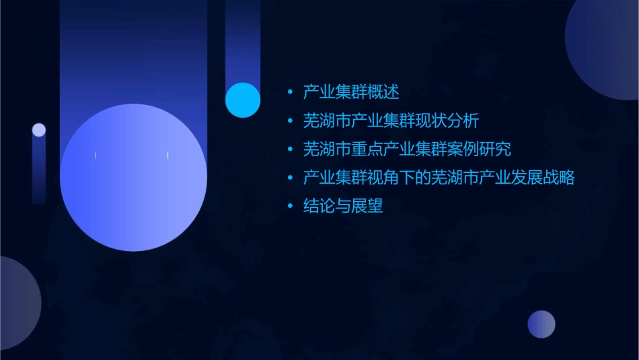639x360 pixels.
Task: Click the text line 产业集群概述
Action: (351, 92)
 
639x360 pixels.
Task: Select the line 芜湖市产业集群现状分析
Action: (391, 121)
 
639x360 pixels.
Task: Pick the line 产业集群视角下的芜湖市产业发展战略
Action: (439, 178)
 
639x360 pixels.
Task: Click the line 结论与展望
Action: (343, 207)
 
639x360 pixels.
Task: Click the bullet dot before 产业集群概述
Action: (290, 92)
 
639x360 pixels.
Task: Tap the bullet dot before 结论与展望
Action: (290, 207)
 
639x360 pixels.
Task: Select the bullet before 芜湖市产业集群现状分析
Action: (290, 121)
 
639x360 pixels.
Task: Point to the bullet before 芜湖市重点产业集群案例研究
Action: (290, 149)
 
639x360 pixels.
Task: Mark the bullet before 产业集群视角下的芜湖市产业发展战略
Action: (290, 178)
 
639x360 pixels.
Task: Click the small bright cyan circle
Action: (243, 100)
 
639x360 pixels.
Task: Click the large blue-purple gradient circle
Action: (133, 178)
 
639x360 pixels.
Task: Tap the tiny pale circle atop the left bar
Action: (39, 130)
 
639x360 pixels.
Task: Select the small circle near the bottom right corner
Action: (541, 324)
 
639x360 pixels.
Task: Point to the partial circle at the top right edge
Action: (605, 47)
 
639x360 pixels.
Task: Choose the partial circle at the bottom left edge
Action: (17, 303)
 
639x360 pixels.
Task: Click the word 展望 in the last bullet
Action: (369, 207)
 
